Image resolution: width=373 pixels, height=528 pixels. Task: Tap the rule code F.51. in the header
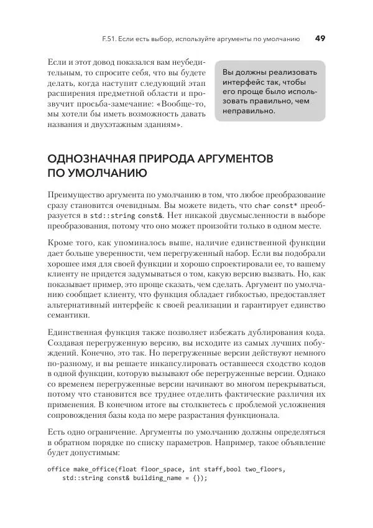113,39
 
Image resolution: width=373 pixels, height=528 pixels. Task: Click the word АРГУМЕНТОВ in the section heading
231,158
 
